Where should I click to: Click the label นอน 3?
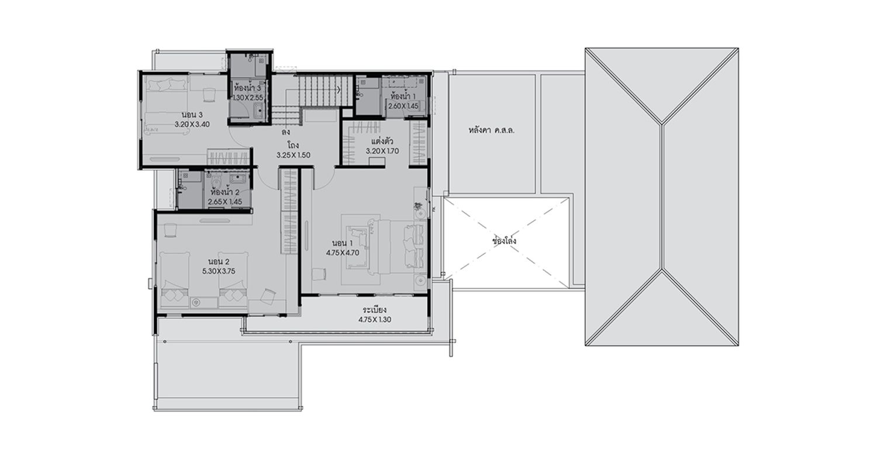192,115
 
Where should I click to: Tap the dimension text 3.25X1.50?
294,155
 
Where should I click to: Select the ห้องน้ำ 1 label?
403,95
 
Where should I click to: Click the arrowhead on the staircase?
339,89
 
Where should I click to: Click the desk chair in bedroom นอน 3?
209,95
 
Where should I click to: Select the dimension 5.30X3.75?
219,271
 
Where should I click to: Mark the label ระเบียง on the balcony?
374,310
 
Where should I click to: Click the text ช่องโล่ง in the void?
505,240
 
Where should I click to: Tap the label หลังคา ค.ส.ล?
491,130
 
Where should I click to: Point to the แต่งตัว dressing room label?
382,141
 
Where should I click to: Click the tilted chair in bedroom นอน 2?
268,295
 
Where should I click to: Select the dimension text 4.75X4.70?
343,253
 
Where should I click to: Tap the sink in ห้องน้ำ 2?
239,179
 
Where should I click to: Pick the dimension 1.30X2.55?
248,98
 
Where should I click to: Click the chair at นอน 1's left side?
318,274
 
